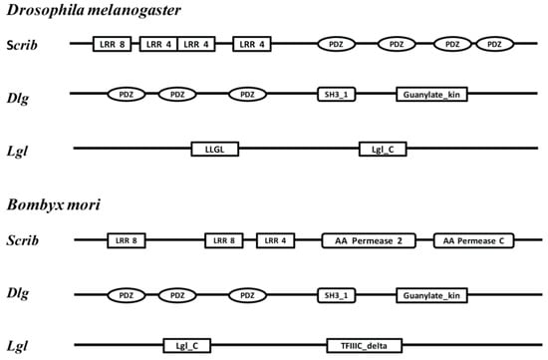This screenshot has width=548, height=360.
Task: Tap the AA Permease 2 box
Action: [x=368, y=240]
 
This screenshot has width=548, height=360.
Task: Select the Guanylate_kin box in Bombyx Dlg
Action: [x=431, y=295]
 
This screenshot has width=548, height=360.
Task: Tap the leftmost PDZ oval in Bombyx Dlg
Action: [x=127, y=295]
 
